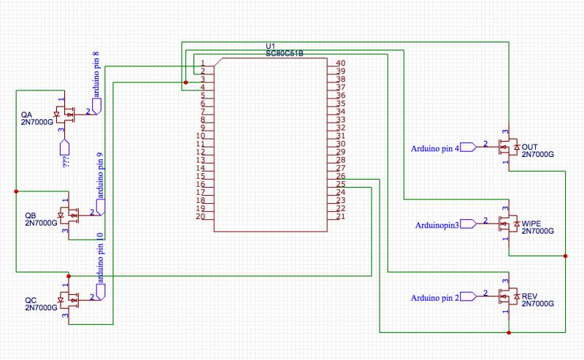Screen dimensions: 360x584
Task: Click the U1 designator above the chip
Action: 270,47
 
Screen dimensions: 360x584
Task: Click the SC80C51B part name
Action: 285,54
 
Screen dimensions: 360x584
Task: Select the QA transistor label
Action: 27,115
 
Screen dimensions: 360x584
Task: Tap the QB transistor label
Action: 31,215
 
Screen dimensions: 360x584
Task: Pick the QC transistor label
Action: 31,300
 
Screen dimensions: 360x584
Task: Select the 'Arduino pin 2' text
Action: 435,298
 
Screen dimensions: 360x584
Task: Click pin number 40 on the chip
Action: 340,64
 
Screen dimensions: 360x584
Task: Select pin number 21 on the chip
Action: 340,217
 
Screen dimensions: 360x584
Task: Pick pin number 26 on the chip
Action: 340,177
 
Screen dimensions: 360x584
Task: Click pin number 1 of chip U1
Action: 202,64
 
